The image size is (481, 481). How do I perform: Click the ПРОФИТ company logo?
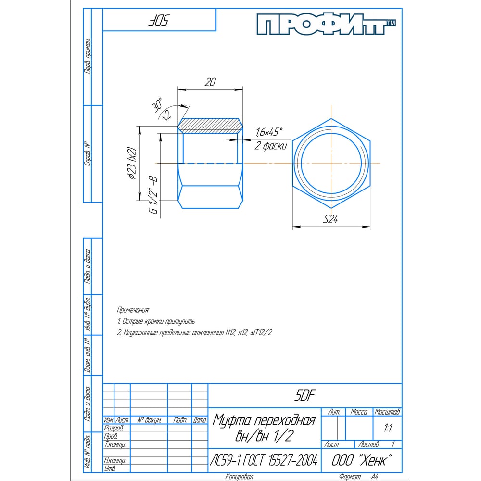326,24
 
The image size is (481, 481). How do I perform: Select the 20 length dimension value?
210,82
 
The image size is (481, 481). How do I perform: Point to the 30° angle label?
157,104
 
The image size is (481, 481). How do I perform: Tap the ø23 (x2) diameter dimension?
132,163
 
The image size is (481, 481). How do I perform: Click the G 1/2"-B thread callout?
153,195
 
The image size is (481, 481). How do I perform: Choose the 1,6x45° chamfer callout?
269,132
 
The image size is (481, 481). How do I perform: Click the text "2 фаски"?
270,145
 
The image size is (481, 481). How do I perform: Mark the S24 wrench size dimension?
331,219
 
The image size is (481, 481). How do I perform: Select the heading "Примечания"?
133,310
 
